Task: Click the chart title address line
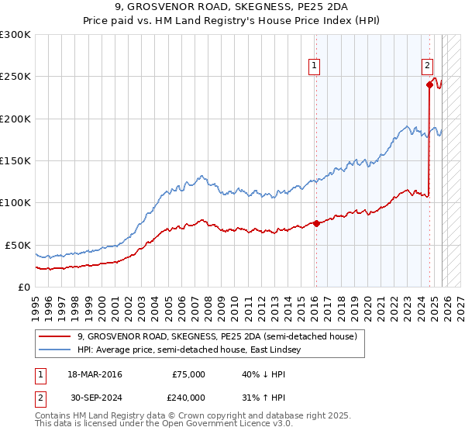232,9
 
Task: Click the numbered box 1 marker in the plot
315,67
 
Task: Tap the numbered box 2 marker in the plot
427,67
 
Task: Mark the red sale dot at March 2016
316,224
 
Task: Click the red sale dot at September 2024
429,85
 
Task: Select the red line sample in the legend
56,336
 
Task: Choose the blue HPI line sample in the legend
56,350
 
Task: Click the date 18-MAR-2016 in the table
95,374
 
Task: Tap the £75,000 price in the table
188,374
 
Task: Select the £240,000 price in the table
188,396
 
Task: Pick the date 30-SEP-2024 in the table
95,396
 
